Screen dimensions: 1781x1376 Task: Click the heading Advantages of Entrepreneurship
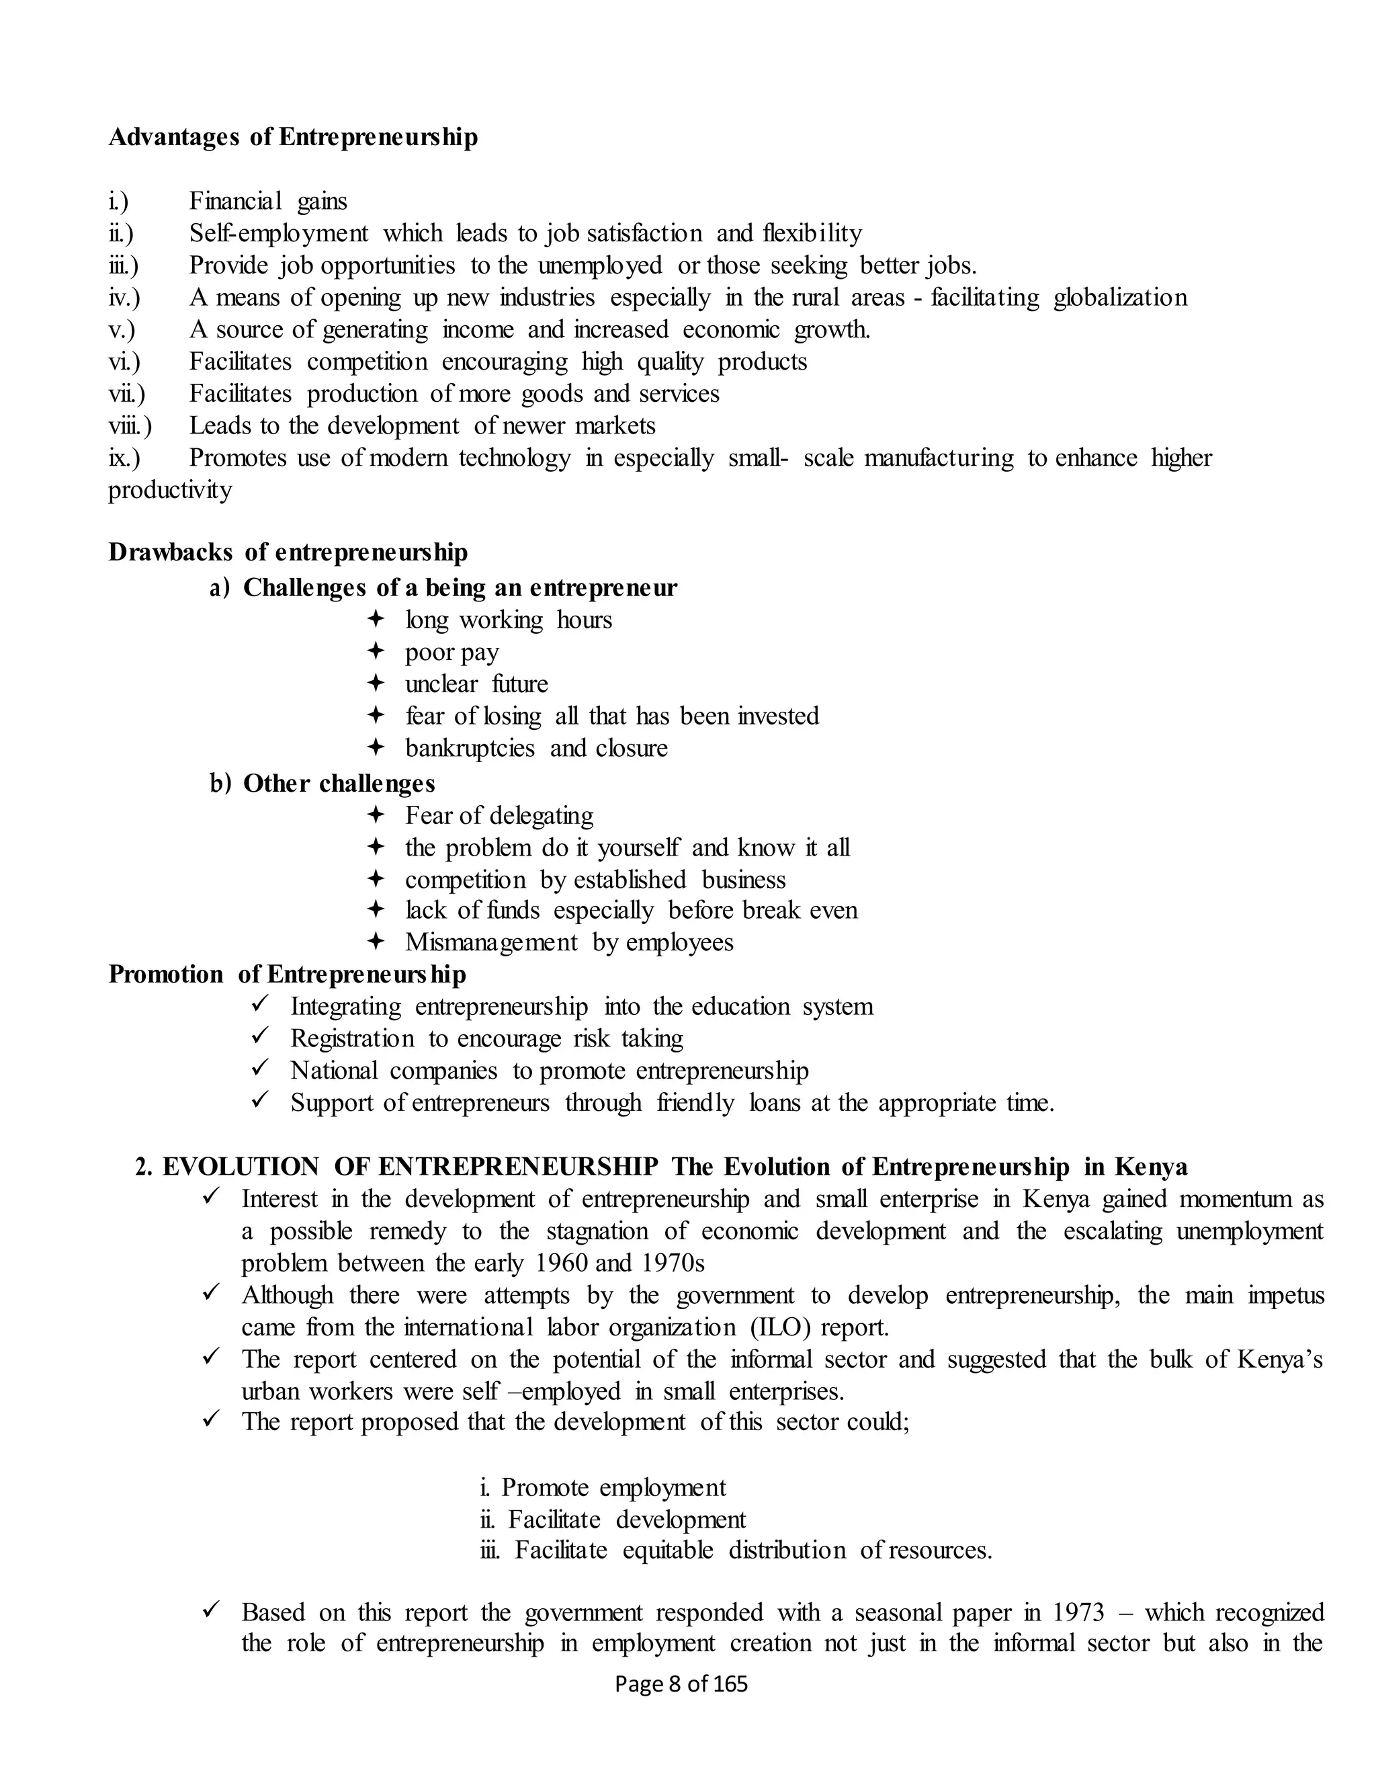293,137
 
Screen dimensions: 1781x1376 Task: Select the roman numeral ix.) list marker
124,458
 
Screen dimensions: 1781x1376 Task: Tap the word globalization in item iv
1120,298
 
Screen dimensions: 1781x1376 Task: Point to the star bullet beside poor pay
375,651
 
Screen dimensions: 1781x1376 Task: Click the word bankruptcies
470,748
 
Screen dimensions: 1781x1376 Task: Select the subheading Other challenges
339,784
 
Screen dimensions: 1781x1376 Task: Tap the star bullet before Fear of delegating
375,815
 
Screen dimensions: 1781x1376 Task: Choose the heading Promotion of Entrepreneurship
287,975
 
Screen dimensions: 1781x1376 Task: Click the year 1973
1078,1612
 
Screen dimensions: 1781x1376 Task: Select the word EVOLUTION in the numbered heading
241,1167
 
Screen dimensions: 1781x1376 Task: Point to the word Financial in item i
236,202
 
